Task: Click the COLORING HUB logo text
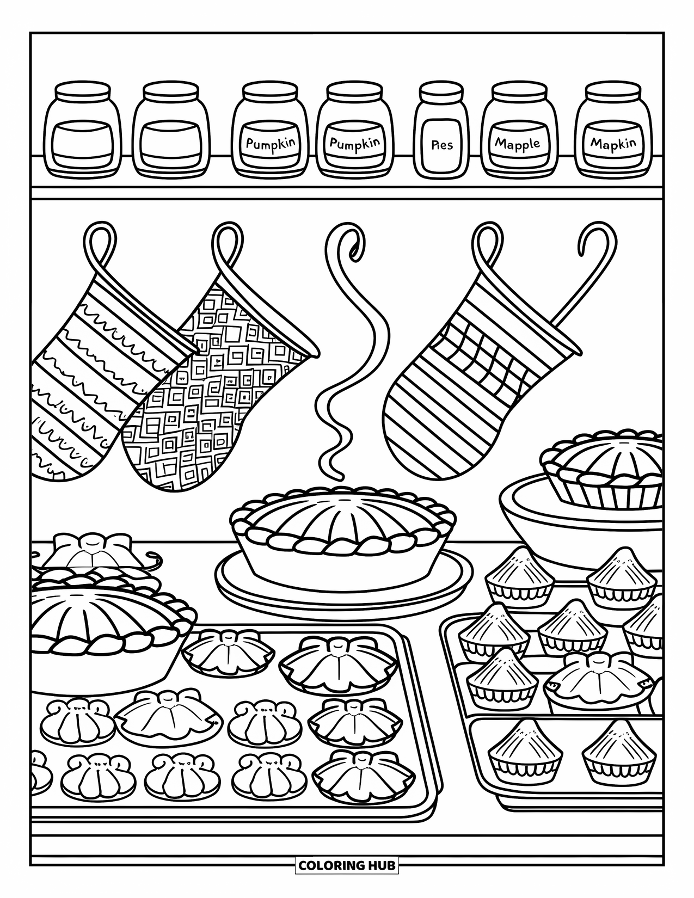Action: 347,864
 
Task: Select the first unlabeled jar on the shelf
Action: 82,131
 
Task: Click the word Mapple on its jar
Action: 517,144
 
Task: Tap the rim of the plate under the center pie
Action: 343,588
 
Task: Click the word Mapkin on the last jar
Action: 613,144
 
